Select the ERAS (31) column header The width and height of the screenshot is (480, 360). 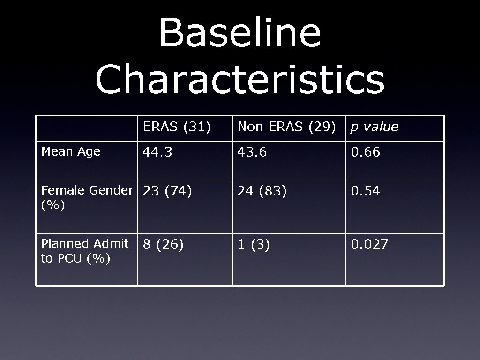(177, 127)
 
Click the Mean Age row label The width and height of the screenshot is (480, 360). (71, 151)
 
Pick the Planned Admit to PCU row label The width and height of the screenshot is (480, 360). (84, 251)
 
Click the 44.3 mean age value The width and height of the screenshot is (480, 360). (157, 152)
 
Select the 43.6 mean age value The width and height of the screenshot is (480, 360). (252, 152)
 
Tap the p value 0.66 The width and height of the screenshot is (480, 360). (366, 152)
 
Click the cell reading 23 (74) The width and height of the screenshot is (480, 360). (167, 191)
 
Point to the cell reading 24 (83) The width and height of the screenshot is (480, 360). (262, 191)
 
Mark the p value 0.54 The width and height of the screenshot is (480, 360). (366, 191)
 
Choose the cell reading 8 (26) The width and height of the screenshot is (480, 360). (163, 244)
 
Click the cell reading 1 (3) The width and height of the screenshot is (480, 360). (254, 244)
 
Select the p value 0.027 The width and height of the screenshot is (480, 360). (370, 244)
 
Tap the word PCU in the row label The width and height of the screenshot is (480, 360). (70, 258)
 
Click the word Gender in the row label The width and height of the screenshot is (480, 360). (111, 190)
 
